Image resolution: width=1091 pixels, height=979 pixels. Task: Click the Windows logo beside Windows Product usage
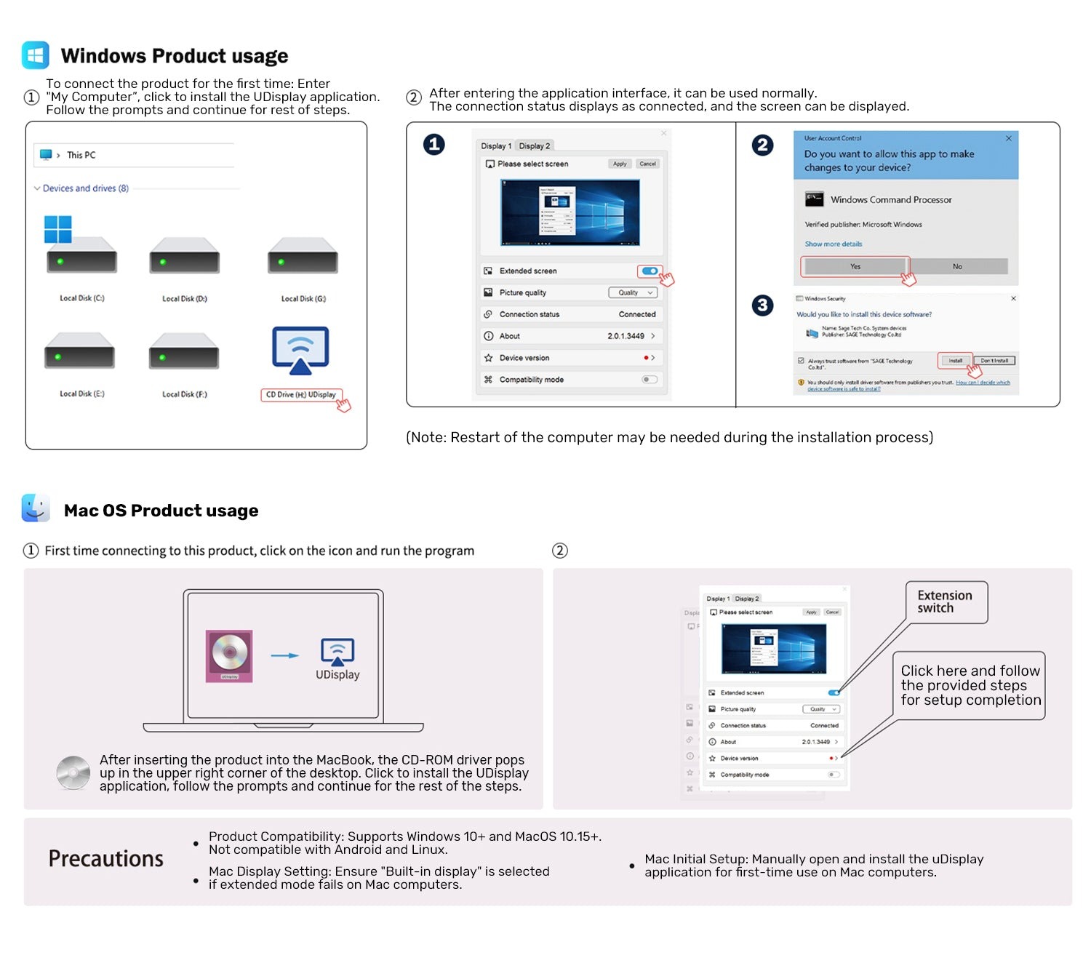[x=36, y=55]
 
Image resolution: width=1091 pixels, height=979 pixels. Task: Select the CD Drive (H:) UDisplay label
[x=300, y=395]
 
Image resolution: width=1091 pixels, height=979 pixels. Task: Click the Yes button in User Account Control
[x=855, y=266]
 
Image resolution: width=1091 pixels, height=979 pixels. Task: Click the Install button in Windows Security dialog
[x=955, y=361]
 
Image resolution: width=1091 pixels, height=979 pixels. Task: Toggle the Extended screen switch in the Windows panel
[x=650, y=271]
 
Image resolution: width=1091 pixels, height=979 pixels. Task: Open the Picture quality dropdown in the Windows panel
[x=632, y=292]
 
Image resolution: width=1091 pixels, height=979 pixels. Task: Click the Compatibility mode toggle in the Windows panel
[x=650, y=380]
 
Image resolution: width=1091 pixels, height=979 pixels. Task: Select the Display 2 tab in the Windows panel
[x=535, y=146]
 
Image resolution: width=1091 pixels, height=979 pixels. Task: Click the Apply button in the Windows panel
[x=620, y=164]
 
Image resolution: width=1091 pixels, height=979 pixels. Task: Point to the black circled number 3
[x=762, y=305]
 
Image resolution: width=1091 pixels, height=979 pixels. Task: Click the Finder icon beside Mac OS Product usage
[x=36, y=508]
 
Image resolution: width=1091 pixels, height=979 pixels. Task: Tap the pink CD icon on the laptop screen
[x=229, y=655]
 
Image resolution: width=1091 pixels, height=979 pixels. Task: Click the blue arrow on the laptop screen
[x=284, y=655]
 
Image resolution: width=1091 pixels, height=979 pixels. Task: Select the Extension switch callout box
[x=946, y=602]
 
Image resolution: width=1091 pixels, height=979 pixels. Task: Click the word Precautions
[x=106, y=859]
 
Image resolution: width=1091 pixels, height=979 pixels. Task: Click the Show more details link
[x=834, y=244]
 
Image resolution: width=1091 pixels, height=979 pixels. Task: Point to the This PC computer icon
[x=47, y=155]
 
